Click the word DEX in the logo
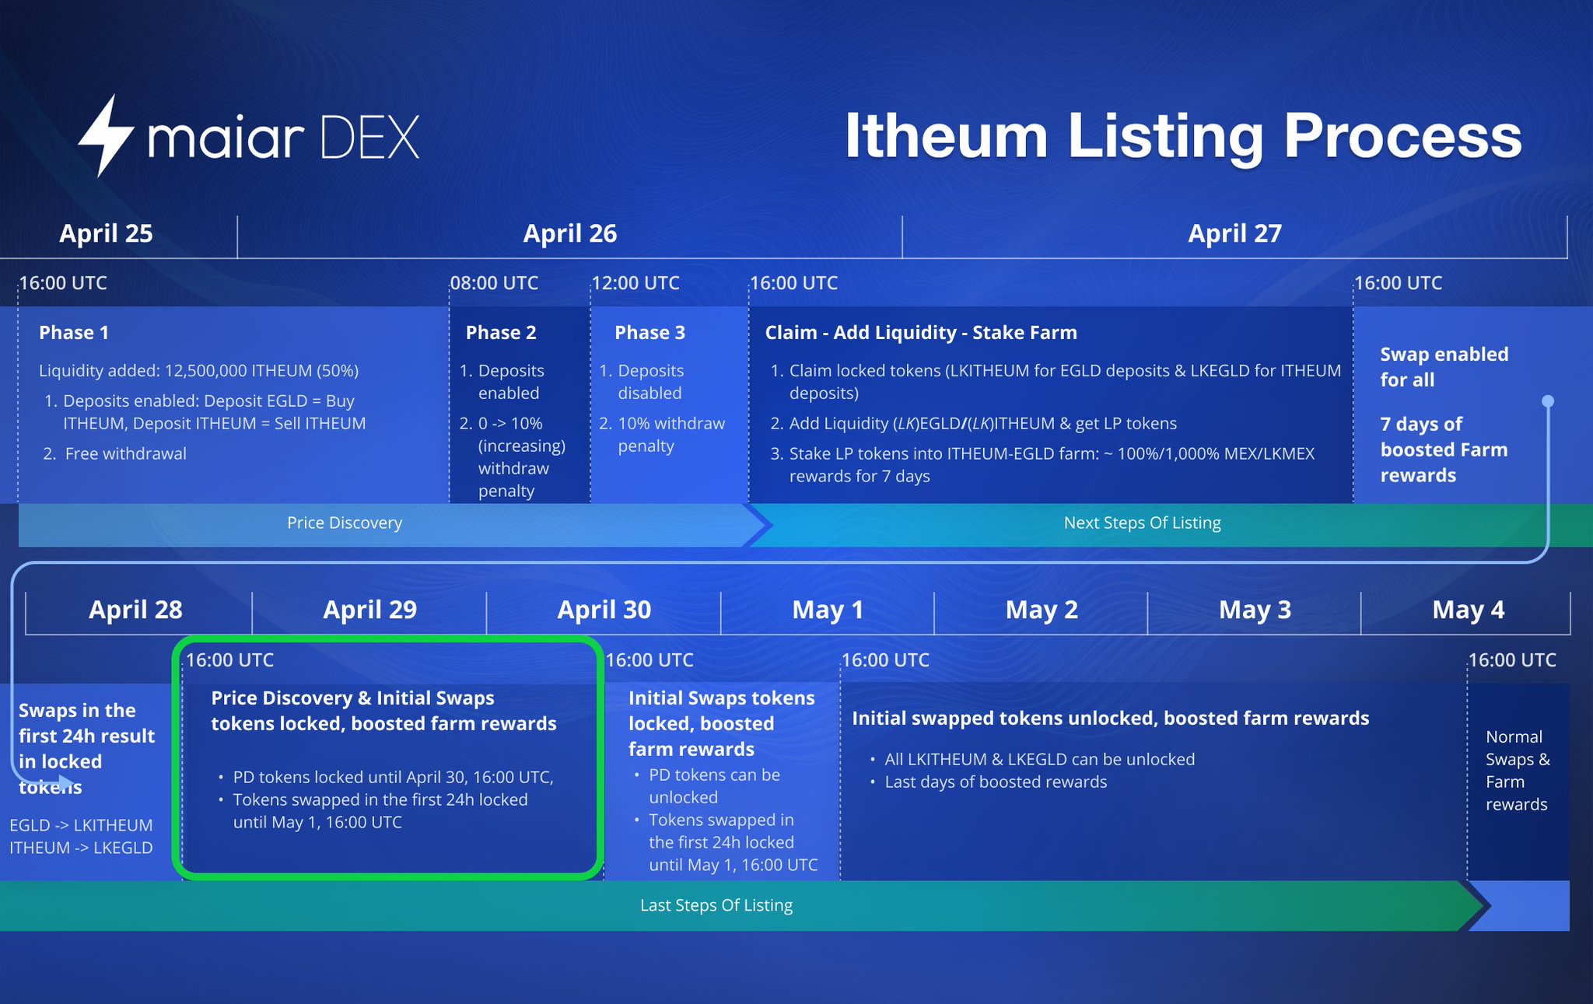point(369,138)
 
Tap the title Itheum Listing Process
point(1182,136)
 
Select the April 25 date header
point(106,233)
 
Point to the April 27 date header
point(1234,233)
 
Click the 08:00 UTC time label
point(494,283)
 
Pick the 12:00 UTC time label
point(635,283)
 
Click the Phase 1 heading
point(74,333)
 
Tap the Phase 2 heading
point(501,333)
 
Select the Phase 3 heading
point(649,333)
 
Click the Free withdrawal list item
point(125,453)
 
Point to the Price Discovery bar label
point(345,523)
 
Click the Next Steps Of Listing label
point(1142,523)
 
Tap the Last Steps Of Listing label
point(716,905)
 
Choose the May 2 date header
point(1042,610)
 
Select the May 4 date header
point(1468,610)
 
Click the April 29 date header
point(369,610)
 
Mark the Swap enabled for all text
point(1444,367)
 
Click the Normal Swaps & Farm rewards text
point(1517,770)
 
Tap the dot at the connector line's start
point(1548,401)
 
